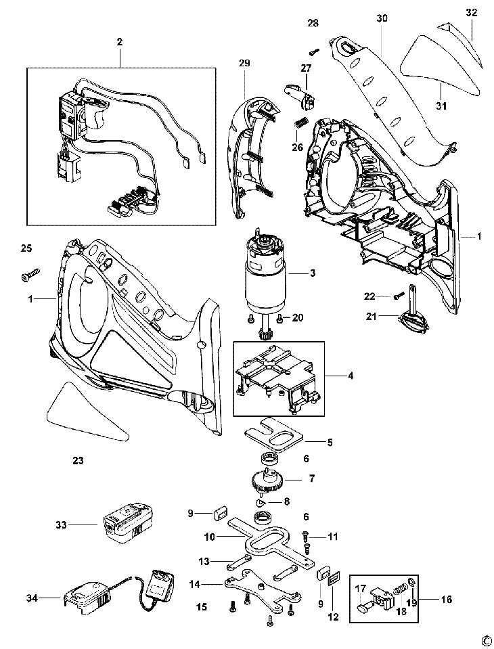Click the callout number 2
click(119, 42)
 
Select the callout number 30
click(382, 20)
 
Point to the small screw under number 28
click(314, 50)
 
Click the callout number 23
click(78, 460)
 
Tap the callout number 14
click(195, 583)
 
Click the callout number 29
click(244, 64)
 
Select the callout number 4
click(350, 375)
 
